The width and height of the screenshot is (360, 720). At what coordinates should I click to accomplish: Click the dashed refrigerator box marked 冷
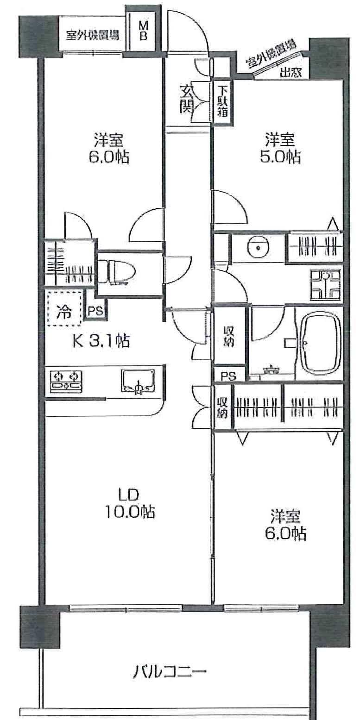(65, 307)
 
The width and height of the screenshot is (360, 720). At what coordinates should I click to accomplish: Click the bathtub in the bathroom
(320, 343)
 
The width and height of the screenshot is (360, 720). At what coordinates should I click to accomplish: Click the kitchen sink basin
(138, 381)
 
